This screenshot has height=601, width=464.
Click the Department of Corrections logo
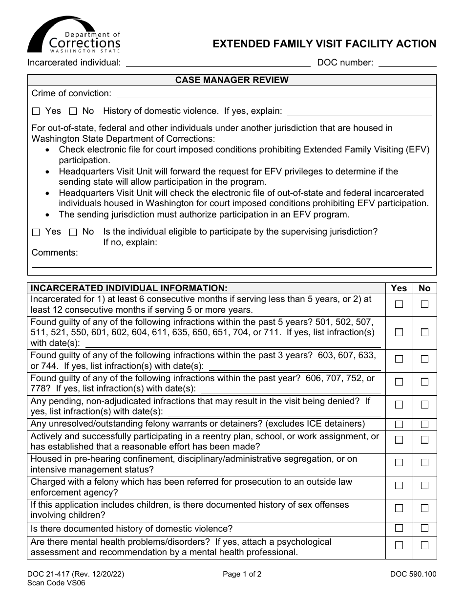[74, 35]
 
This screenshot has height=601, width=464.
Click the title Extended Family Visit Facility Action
[324, 44]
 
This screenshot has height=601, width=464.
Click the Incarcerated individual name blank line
[218, 63]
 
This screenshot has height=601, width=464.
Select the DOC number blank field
[407, 63]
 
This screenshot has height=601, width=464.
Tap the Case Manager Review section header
[232, 80]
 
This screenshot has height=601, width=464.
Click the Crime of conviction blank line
[274, 94]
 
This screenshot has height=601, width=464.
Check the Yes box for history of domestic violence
[36, 111]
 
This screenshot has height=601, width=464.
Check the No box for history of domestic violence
[73, 111]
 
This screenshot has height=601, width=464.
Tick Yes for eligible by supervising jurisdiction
[36, 232]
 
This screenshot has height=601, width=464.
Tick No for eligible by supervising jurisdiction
[73, 232]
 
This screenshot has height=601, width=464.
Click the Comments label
[55, 253]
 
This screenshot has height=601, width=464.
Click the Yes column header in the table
[399, 288]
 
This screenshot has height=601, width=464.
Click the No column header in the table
[424, 288]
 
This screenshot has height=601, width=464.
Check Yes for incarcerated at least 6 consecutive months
[399, 304]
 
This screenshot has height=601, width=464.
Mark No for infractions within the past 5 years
[424, 332]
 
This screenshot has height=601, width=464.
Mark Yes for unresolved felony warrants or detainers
[399, 424]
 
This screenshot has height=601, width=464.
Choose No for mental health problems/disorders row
[424, 545]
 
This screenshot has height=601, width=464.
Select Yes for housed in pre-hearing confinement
[399, 462]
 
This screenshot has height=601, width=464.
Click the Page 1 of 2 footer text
[242, 575]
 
